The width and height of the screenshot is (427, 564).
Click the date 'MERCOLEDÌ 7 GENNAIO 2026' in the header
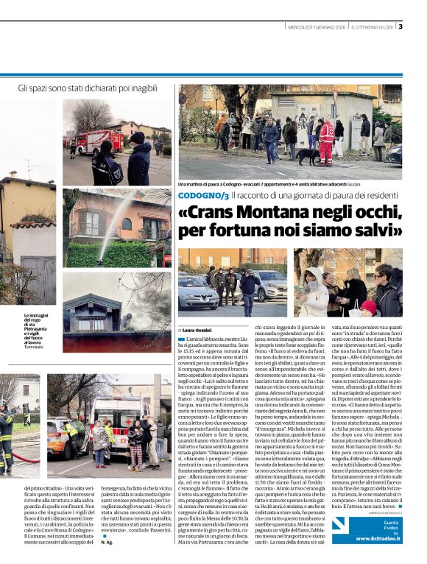[x=317, y=27]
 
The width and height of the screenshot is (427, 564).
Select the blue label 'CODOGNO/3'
[x=203, y=194]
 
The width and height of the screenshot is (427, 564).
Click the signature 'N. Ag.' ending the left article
[x=106, y=541]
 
